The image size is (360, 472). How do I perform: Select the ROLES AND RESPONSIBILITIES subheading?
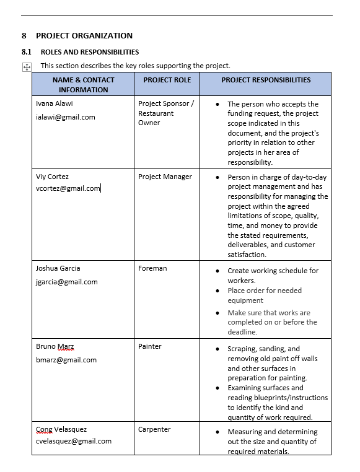(x=89, y=52)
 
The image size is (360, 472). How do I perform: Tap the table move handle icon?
(x=27, y=67)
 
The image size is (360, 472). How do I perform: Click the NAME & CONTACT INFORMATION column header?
(x=83, y=84)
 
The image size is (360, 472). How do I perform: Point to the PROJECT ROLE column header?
(x=167, y=80)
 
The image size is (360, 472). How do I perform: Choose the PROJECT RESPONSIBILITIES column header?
(x=266, y=80)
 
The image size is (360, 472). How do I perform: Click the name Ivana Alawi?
(x=55, y=103)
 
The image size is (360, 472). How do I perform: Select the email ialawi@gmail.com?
(x=66, y=117)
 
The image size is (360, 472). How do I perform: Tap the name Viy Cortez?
(x=52, y=177)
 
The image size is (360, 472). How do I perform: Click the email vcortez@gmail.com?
(x=68, y=188)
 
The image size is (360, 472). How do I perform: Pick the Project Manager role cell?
(x=165, y=177)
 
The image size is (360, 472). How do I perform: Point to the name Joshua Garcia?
(x=58, y=268)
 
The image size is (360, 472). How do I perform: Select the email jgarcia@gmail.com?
(x=67, y=282)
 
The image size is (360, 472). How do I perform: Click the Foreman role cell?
(x=152, y=268)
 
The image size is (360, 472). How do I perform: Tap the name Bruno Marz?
(x=56, y=346)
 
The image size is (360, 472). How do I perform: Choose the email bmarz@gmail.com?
(x=66, y=360)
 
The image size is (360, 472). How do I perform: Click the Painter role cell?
(x=150, y=346)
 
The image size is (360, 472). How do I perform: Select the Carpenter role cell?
(x=154, y=429)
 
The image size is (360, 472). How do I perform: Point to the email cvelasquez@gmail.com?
(x=74, y=441)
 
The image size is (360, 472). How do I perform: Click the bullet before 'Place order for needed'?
(x=217, y=291)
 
